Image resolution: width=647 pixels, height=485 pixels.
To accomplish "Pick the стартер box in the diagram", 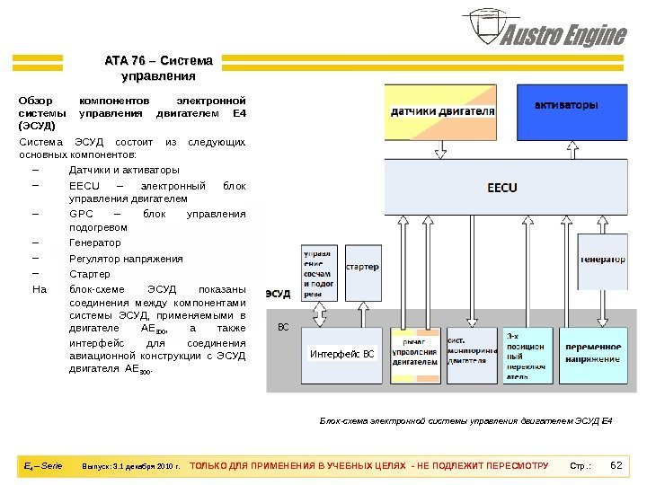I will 361,269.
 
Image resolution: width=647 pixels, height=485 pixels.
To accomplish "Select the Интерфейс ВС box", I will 341,354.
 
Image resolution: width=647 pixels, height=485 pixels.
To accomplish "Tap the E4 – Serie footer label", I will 42,466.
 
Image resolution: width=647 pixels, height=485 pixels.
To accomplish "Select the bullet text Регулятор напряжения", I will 126,258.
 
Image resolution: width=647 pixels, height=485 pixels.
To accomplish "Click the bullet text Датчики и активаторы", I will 124,169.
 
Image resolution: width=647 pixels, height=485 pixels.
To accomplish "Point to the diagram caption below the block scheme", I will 465,420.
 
